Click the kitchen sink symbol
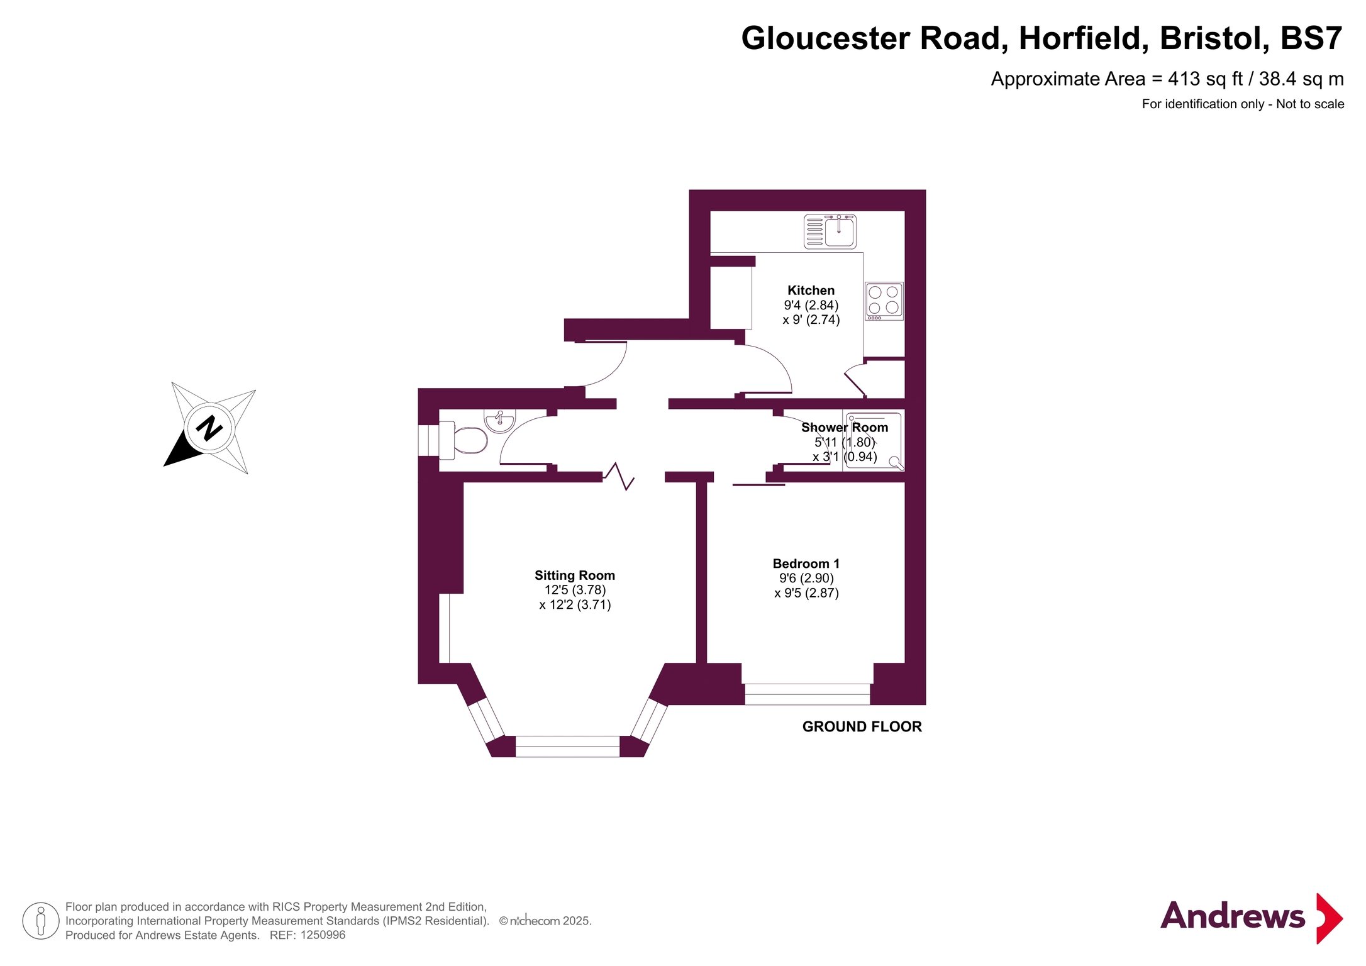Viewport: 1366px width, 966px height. click(x=830, y=231)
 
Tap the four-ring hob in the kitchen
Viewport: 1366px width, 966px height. click(x=884, y=301)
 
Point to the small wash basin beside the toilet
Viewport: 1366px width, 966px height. click(x=500, y=421)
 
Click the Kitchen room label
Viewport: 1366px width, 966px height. click(x=811, y=291)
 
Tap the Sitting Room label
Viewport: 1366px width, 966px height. click(x=575, y=575)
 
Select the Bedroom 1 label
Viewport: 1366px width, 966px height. click(x=806, y=564)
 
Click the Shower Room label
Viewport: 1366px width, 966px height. click(x=845, y=428)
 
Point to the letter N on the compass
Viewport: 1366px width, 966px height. click(x=209, y=428)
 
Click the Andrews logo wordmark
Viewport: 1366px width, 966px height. click(x=1233, y=916)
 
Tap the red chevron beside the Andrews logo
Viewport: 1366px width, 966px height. click(x=1330, y=918)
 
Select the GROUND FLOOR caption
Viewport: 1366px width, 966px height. click(x=862, y=727)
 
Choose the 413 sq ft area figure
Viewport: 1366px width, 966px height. click(x=1206, y=79)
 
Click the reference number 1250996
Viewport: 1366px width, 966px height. click(x=323, y=935)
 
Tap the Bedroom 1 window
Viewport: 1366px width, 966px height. click(x=808, y=694)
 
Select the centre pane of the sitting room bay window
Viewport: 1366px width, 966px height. click(x=567, y=747)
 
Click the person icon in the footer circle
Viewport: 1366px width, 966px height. click(x=41, y=921)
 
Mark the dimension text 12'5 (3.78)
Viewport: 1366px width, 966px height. click(x=575, y=591)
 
